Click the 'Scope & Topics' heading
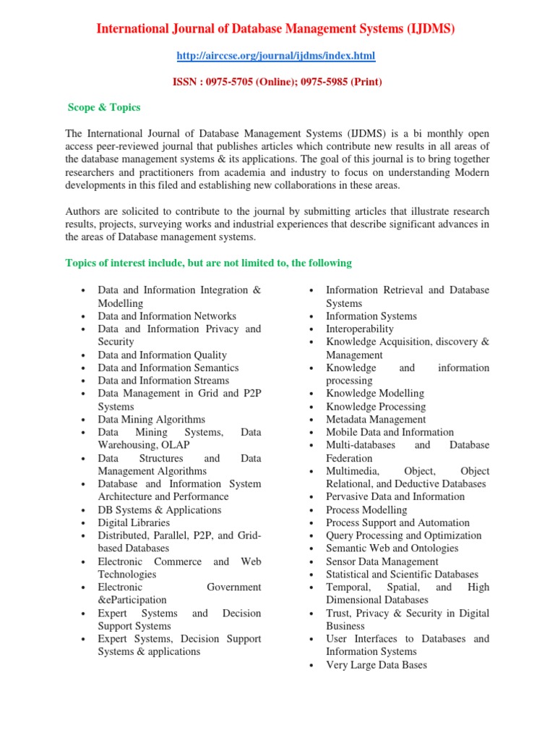[104, 107]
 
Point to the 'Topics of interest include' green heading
[209, 263]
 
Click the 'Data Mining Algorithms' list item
[152, 420]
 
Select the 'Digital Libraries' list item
[134, 522]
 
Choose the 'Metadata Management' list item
[376, 420]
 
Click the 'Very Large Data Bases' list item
[377, 664]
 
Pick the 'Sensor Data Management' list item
[381, 562]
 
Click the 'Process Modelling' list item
[366, 510]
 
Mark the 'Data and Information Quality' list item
[163, 355]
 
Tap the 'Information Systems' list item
[371, 316]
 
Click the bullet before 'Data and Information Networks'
[84, 317]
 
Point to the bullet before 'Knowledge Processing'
[311, 407]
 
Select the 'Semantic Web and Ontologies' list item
[392, 549]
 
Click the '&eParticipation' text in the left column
[132, 600]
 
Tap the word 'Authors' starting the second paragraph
[83, 211]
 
